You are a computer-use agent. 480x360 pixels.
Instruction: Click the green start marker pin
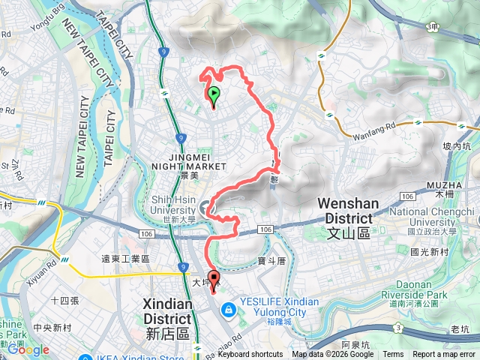point(214,96)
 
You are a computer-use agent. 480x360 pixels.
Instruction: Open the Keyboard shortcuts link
point(250,355)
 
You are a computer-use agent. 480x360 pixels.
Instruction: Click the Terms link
point(393,355)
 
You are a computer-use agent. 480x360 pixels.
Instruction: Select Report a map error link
point(445,355)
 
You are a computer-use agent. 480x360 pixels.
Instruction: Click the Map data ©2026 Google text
point(333,355)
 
